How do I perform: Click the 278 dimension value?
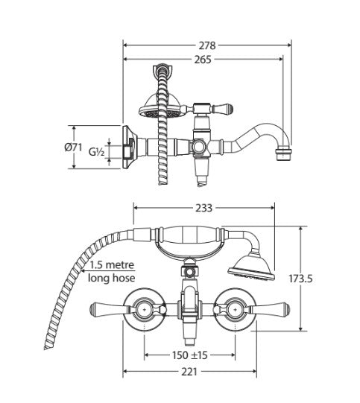[207, 45]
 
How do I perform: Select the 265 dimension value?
[203, 60]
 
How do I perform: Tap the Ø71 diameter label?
[73, 147]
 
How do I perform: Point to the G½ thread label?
[96, 152]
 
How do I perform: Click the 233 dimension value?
[204, 208]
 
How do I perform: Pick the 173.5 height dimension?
[300, 279]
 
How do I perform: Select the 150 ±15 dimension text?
[190, 355]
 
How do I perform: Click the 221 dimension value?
[189, 372]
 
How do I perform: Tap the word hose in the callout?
[123, 278]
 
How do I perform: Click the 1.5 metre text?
[113, 264]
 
